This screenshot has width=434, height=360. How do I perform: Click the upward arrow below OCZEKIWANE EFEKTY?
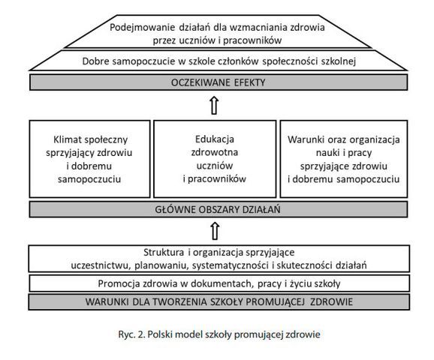[x=215, y=105]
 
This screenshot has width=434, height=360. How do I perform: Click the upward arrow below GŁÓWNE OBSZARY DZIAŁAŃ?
[x=215, y=231]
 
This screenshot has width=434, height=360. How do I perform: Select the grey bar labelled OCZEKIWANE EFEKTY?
[x=219, y=82]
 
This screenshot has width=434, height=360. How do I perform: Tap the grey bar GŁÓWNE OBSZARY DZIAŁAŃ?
[x=219, y=209]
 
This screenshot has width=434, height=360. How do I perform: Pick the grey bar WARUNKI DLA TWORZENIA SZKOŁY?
[x=219, y=301]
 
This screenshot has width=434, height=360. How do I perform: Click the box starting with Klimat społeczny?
[x=89, y=159]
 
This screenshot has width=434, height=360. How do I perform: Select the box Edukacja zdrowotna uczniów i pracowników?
[x=215, y=159]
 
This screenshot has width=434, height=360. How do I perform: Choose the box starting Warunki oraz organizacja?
[x=344, y=159]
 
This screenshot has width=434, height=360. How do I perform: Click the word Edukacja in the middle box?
[x=215, y=139]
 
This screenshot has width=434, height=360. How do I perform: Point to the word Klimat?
[x=65, y=139]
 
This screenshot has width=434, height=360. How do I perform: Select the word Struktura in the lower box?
[x=164, y=252]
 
